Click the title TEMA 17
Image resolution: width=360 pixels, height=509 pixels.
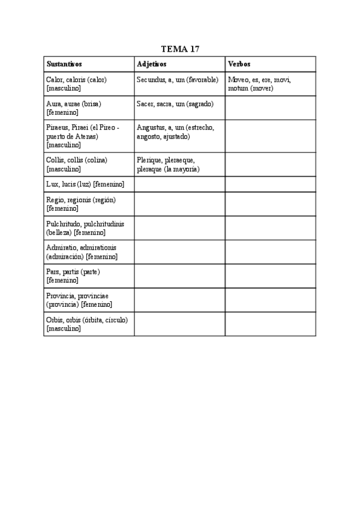180,49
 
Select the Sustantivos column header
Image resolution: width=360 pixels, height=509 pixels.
64,64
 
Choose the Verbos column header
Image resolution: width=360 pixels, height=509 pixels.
239,64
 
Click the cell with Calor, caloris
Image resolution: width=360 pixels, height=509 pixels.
89,83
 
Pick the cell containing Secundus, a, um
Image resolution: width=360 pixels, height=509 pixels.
179,83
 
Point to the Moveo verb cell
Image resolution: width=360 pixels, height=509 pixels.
270,83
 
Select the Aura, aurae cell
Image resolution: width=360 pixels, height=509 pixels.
89,107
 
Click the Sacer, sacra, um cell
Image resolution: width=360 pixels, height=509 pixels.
179,107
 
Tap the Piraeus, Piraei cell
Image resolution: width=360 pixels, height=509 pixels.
89,136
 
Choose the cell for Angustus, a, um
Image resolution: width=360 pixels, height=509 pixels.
179,136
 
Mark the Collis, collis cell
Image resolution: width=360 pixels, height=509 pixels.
89,164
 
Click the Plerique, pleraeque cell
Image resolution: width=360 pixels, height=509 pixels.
179,164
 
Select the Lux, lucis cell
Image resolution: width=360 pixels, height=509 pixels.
89,184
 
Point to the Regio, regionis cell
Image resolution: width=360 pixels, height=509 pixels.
89,203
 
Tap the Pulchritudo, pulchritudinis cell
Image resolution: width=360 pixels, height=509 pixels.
89,227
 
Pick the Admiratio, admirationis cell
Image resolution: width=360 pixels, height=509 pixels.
89,251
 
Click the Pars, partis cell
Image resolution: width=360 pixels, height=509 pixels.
89,276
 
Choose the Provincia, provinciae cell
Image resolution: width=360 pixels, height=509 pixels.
89,300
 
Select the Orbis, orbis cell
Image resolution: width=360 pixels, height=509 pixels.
89,324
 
